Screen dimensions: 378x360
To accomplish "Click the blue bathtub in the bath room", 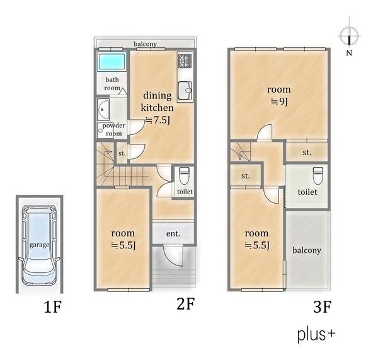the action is click(x=112, y=61).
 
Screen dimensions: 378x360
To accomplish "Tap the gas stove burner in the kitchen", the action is click(x=185, y=61).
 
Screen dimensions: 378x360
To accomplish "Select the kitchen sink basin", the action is click(x=185, y=91).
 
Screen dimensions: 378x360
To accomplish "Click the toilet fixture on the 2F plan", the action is click(x=185, y=176).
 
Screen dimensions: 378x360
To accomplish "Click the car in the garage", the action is click(x=39, y=245).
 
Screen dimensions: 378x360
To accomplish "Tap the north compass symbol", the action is click(x=349, y=36).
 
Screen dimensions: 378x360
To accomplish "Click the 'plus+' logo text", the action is click(x=316, y=334).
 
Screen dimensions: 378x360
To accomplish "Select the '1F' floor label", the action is click(x=52, y=306).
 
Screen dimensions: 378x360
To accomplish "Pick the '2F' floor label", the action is click(x=185, y=303).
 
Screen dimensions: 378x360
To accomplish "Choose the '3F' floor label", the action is click(x=323, y=307).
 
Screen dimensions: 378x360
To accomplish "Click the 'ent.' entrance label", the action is click(x=173, y=233).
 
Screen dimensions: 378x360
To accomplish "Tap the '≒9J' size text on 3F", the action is click(x=279, y=102).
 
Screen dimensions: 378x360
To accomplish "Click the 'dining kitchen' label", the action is click(x=157, y=102).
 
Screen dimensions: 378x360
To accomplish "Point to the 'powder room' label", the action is click(x=114, y=129).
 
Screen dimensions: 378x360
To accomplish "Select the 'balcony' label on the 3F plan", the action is click(x=307, y=250).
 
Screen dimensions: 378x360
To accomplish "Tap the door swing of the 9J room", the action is click(x=265, y=132).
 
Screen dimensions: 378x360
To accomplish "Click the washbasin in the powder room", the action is click(x=103, y=110).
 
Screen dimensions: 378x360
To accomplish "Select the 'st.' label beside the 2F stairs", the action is click(x=122, y=153).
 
